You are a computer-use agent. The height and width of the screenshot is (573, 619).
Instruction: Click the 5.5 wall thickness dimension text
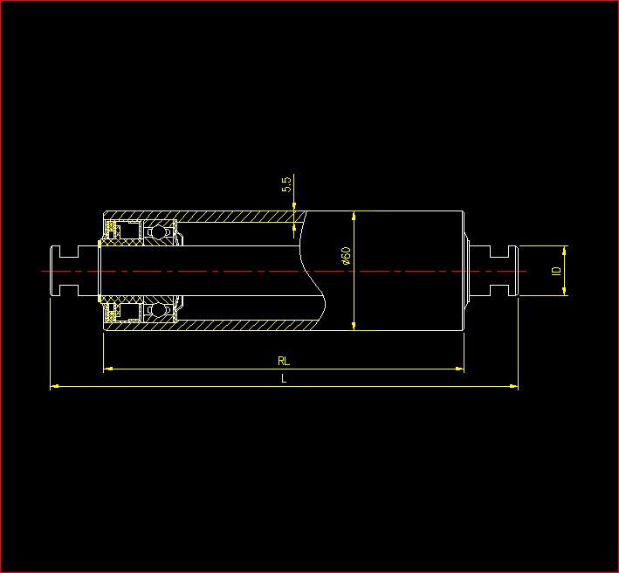[x=286, y=184]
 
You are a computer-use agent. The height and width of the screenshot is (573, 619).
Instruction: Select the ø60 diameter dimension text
[x=346, y=255]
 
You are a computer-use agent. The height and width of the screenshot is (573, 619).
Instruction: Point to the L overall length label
[x=283, y=378]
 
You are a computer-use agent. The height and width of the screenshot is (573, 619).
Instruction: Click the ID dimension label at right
[x=555, y=271]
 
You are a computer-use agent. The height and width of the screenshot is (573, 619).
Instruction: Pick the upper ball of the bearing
[x=159, y=233]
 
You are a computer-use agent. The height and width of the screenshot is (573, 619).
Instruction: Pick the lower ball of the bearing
[x=159, y=309]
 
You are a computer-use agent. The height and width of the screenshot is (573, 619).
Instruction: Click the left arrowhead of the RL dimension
[x=107, y=369]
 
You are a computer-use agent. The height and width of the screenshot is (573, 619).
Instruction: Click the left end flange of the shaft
[x=57, y=271]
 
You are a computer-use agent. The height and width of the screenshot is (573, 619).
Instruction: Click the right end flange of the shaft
[x=512, y=271]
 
